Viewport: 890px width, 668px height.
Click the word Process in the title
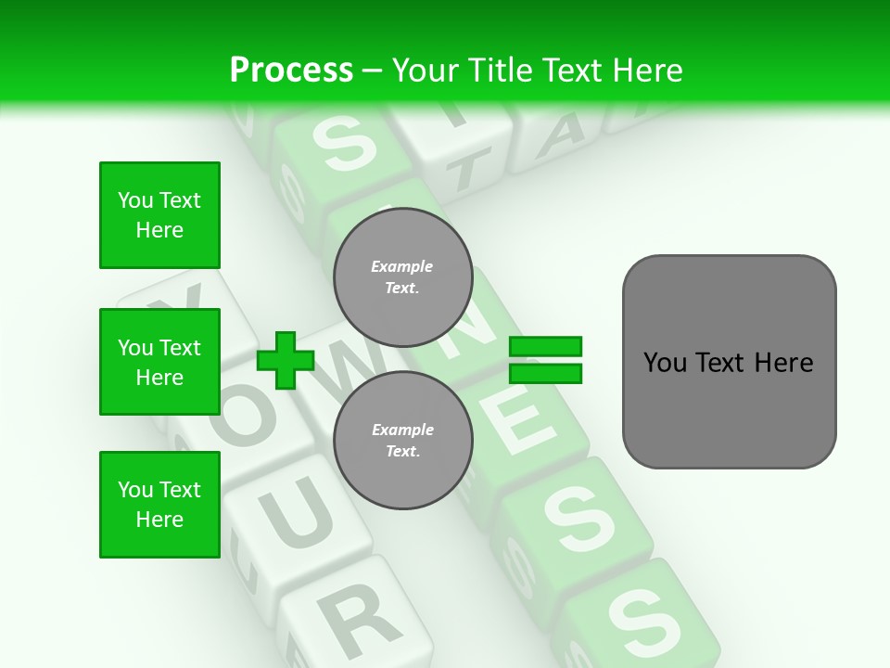click(x=291, y=71)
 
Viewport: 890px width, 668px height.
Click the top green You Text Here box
click(x=159, y=215)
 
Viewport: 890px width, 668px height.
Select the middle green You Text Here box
click(x=159, y=362)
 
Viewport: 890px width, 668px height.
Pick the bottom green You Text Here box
click(x=159, y=505)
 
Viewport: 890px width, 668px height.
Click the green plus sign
click(x=286, y=360)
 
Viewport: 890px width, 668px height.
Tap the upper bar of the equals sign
click(x=546, y=347)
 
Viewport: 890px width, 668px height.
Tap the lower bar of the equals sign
click(x=546, y=373)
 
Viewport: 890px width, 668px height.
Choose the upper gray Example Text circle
click(x=402, y=276)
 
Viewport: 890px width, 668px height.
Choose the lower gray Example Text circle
click(x=402, y=440)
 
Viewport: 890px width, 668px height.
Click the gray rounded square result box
click(x=729, y=362)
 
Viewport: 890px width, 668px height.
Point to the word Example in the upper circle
click(x=402, y=266)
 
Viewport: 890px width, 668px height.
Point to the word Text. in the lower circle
click(x=402, y=452)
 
